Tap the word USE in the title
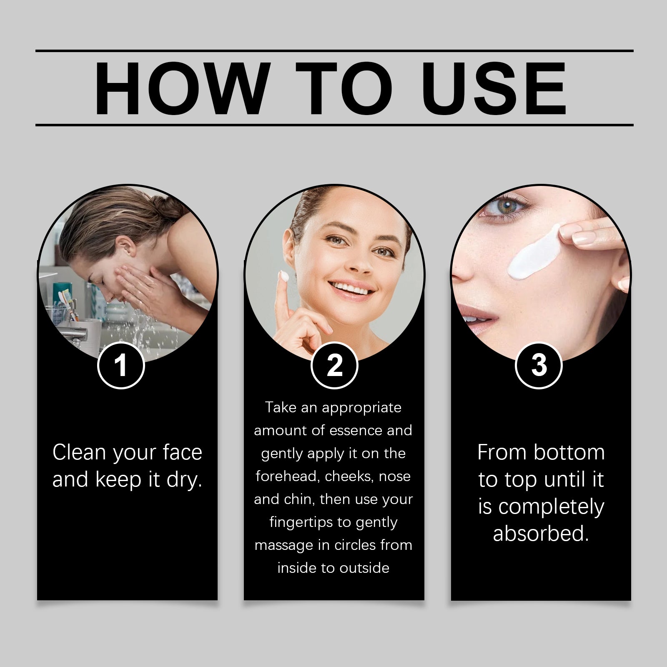click(494, 88)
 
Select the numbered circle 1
click(121, 366)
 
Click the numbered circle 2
click(334, 366)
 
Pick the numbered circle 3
click(539, 366)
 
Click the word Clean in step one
click(79, 452)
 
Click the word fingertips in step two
click(301, 523)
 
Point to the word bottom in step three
click(569, 452)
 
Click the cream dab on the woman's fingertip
click(284, 276)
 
